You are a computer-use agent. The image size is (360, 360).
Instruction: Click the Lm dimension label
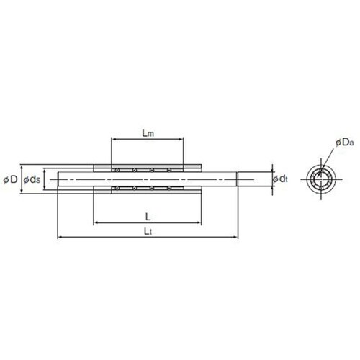148,132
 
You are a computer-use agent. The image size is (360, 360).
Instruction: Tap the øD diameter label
11,179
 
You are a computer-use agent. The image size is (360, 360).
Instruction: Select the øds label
32,179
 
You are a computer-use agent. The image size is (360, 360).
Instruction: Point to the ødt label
280,179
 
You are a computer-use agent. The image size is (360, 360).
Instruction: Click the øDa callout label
345,143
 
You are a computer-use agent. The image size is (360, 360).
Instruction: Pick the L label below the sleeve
148,217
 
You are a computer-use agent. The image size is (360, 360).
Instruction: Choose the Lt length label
148,231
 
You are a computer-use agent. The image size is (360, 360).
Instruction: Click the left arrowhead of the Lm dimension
114,139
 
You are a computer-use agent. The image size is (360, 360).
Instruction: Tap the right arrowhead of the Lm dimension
181,139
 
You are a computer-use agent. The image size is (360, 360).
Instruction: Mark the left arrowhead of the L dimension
96,223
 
